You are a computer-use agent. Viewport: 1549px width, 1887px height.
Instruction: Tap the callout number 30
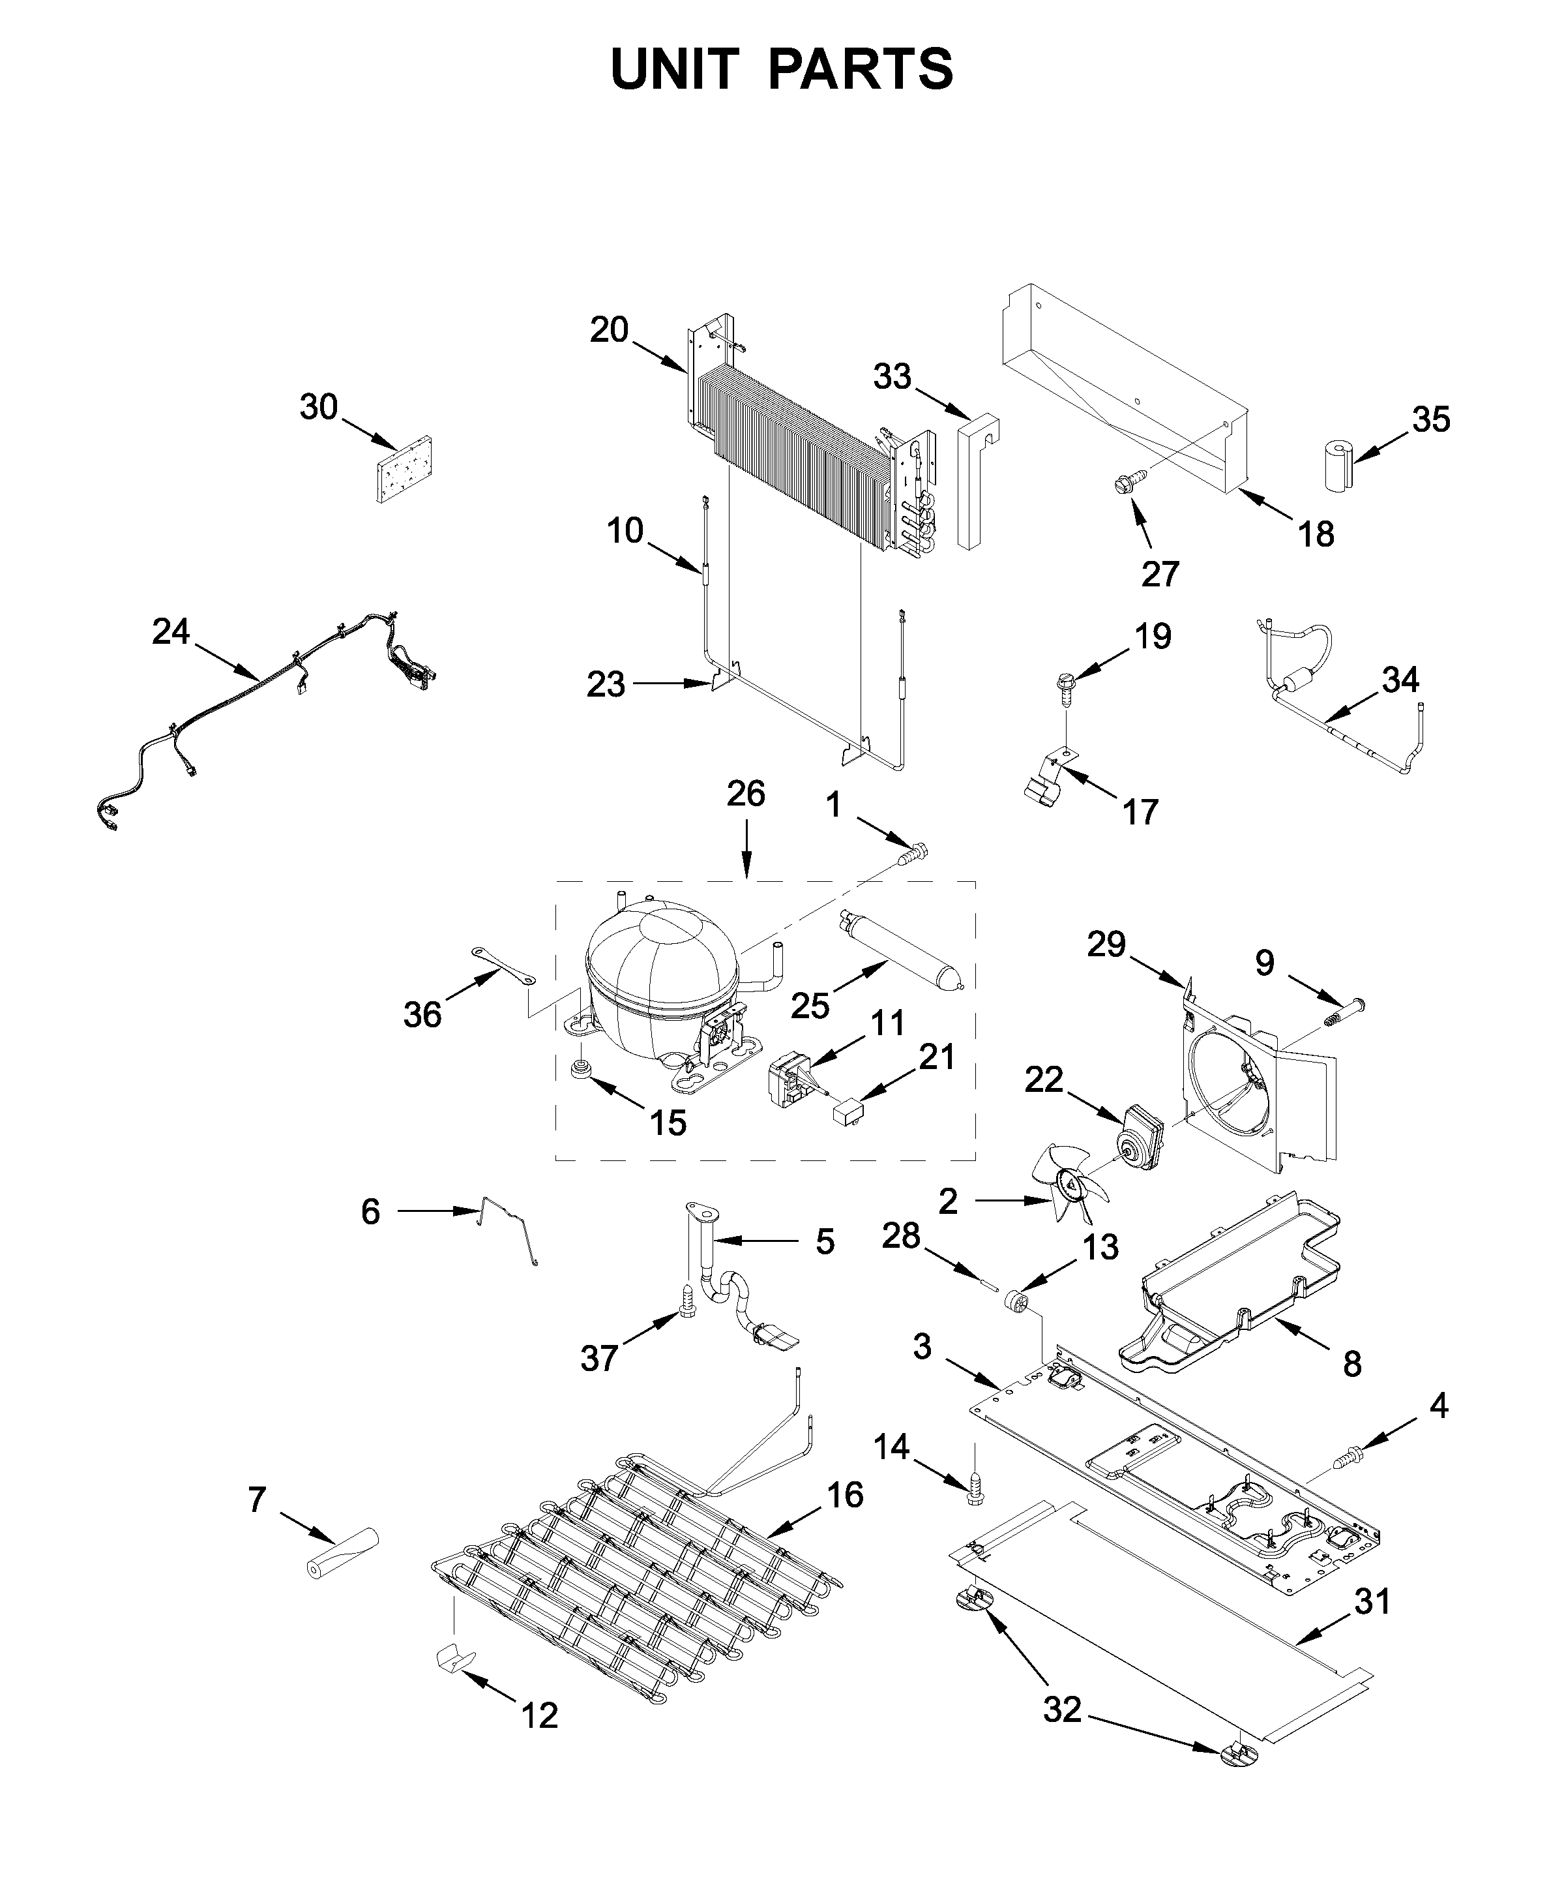319,407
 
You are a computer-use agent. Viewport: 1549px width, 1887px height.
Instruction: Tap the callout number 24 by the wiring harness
170,631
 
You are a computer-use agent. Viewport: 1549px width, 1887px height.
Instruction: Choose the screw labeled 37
687,1325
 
